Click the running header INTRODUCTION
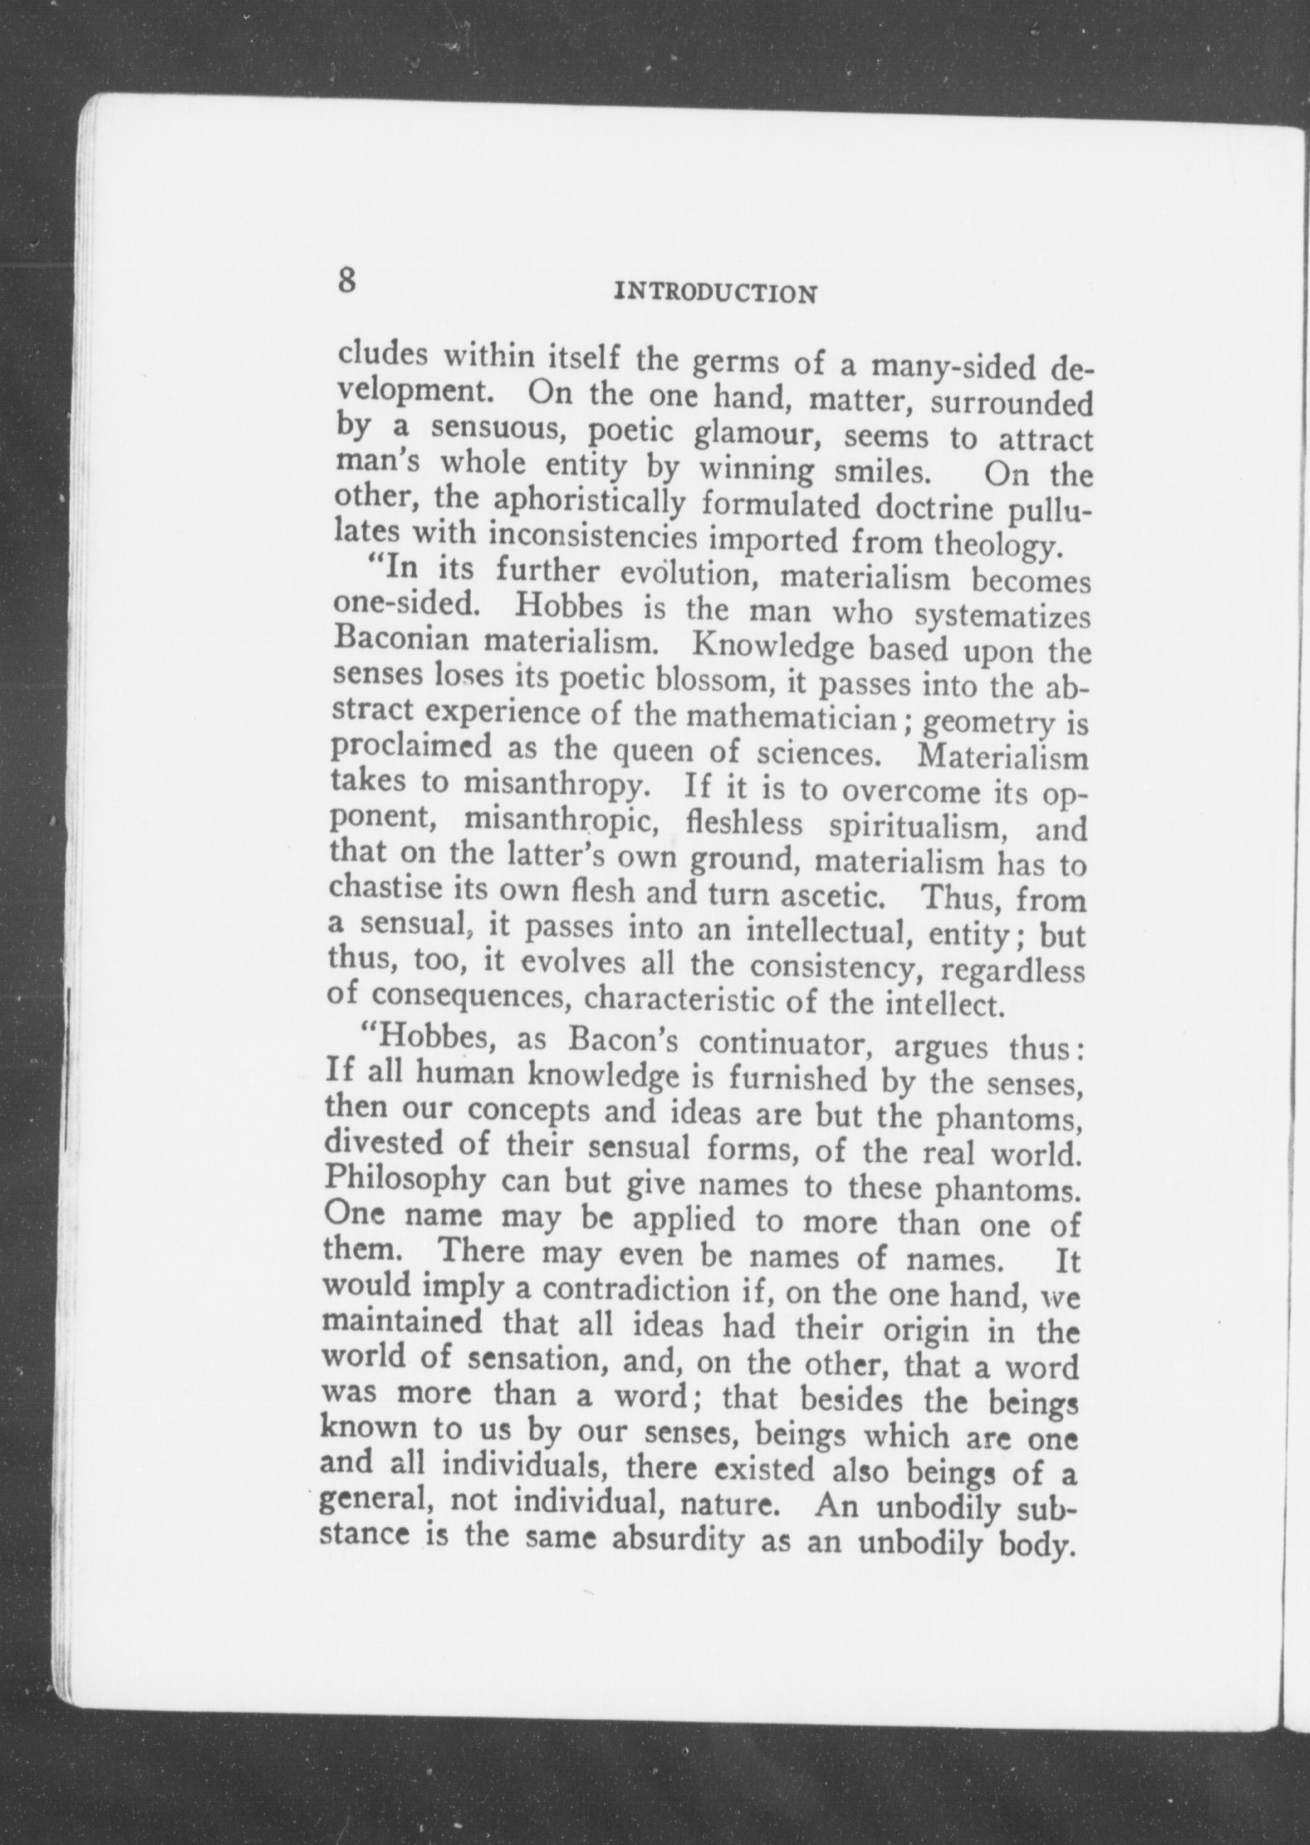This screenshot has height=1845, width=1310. click(x=716, y=291)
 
